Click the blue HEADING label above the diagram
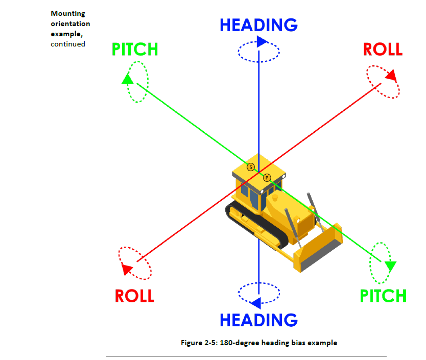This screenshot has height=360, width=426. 258,25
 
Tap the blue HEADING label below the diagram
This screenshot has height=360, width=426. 258,320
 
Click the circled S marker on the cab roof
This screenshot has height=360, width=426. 250,166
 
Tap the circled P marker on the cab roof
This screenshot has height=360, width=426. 267,177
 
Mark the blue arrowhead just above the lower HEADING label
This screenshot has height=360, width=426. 256,302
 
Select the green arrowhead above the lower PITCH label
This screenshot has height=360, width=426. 390,266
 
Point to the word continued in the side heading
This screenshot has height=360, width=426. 67,44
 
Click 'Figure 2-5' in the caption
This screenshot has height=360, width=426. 199,343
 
